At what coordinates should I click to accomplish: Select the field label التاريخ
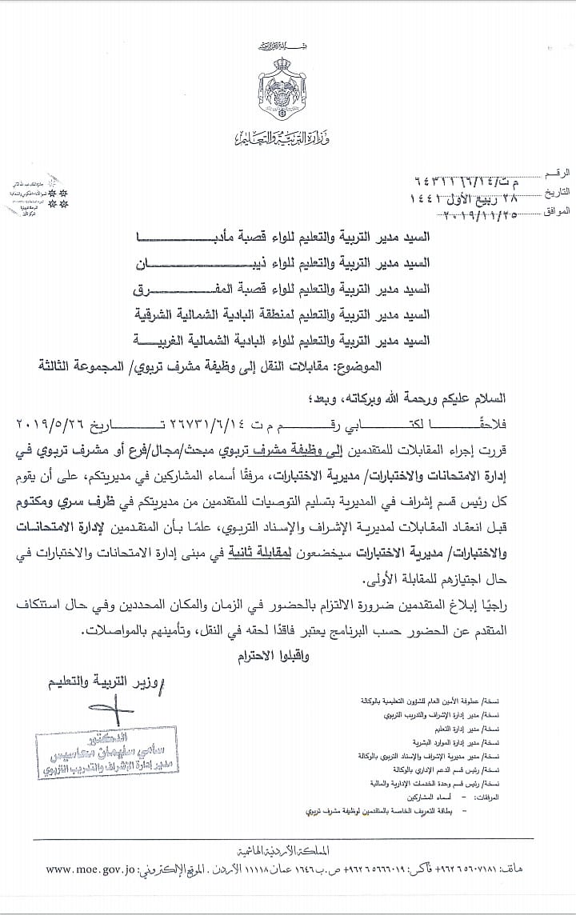click(555, 193)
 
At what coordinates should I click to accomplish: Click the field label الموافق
click(555, 211)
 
